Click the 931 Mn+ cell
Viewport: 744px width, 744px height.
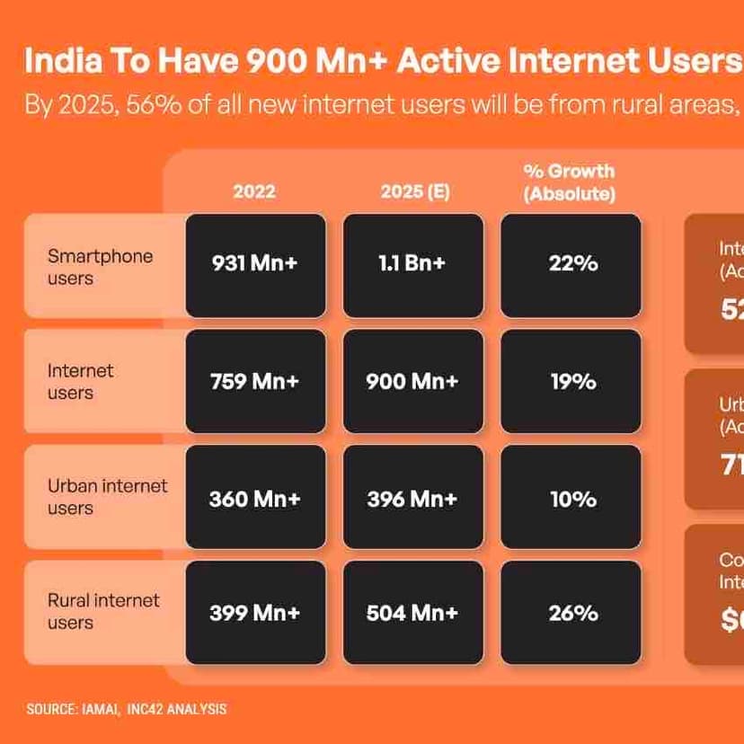point(255,265)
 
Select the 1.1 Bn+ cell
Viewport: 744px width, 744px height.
point(412,265)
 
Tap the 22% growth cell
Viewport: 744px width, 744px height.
point(571,265)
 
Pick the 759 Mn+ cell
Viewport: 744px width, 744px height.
point(255,381)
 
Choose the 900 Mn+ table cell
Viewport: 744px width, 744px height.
point(412,381)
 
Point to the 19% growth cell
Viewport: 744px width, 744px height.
point(571,381)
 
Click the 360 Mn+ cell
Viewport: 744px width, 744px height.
point(255,497)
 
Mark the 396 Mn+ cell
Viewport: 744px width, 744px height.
point(412,497)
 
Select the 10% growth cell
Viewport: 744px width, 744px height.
point(571,497)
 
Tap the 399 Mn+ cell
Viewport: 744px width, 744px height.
point(255,613)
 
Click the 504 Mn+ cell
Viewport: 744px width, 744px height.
point(412,613)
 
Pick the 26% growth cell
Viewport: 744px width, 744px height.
point(571,613)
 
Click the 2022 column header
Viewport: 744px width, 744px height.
point(254,191)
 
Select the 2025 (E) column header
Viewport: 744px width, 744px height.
point(414,191)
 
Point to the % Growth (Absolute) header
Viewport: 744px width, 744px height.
point(570,182)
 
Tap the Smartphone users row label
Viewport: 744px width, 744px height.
point(100,267)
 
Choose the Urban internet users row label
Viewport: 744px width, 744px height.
point(107,497)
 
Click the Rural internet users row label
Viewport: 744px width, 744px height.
point(103,611)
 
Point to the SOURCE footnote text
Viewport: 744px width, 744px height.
point(127,709)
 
